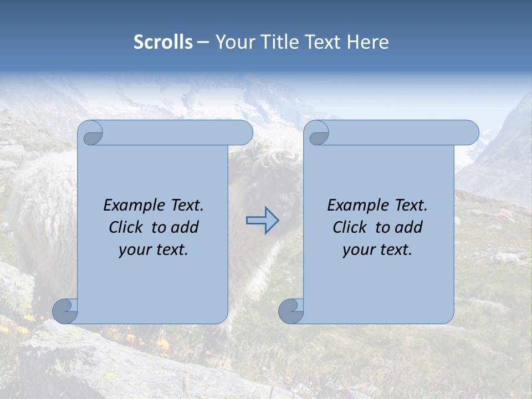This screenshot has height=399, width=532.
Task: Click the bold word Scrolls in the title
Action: point(163,42)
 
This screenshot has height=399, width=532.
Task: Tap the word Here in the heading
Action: point(368,42)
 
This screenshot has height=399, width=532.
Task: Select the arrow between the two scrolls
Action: point(262,220)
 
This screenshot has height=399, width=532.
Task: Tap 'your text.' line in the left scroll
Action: point(154,250)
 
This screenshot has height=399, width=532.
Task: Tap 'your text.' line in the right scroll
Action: point(377,250)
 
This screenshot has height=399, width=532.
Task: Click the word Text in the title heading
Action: point(323,42)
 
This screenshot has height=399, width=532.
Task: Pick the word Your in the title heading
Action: point(235,42)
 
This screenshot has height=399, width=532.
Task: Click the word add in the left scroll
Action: point(185,228)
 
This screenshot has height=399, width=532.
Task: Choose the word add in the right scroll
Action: point(409,228)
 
